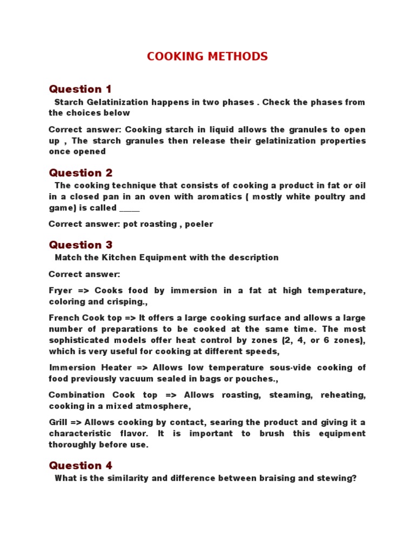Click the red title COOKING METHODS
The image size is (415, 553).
click(207, 57)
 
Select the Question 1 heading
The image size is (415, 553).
click(80, 89)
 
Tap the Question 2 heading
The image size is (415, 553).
click(81, 173)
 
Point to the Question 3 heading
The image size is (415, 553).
click(81, 245)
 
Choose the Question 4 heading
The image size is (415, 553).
click(81, 466)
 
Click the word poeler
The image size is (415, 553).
click(199, 224)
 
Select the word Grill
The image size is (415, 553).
click(57, 422)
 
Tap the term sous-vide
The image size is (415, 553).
click(281, 367)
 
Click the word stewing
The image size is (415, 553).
click(337, 478)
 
